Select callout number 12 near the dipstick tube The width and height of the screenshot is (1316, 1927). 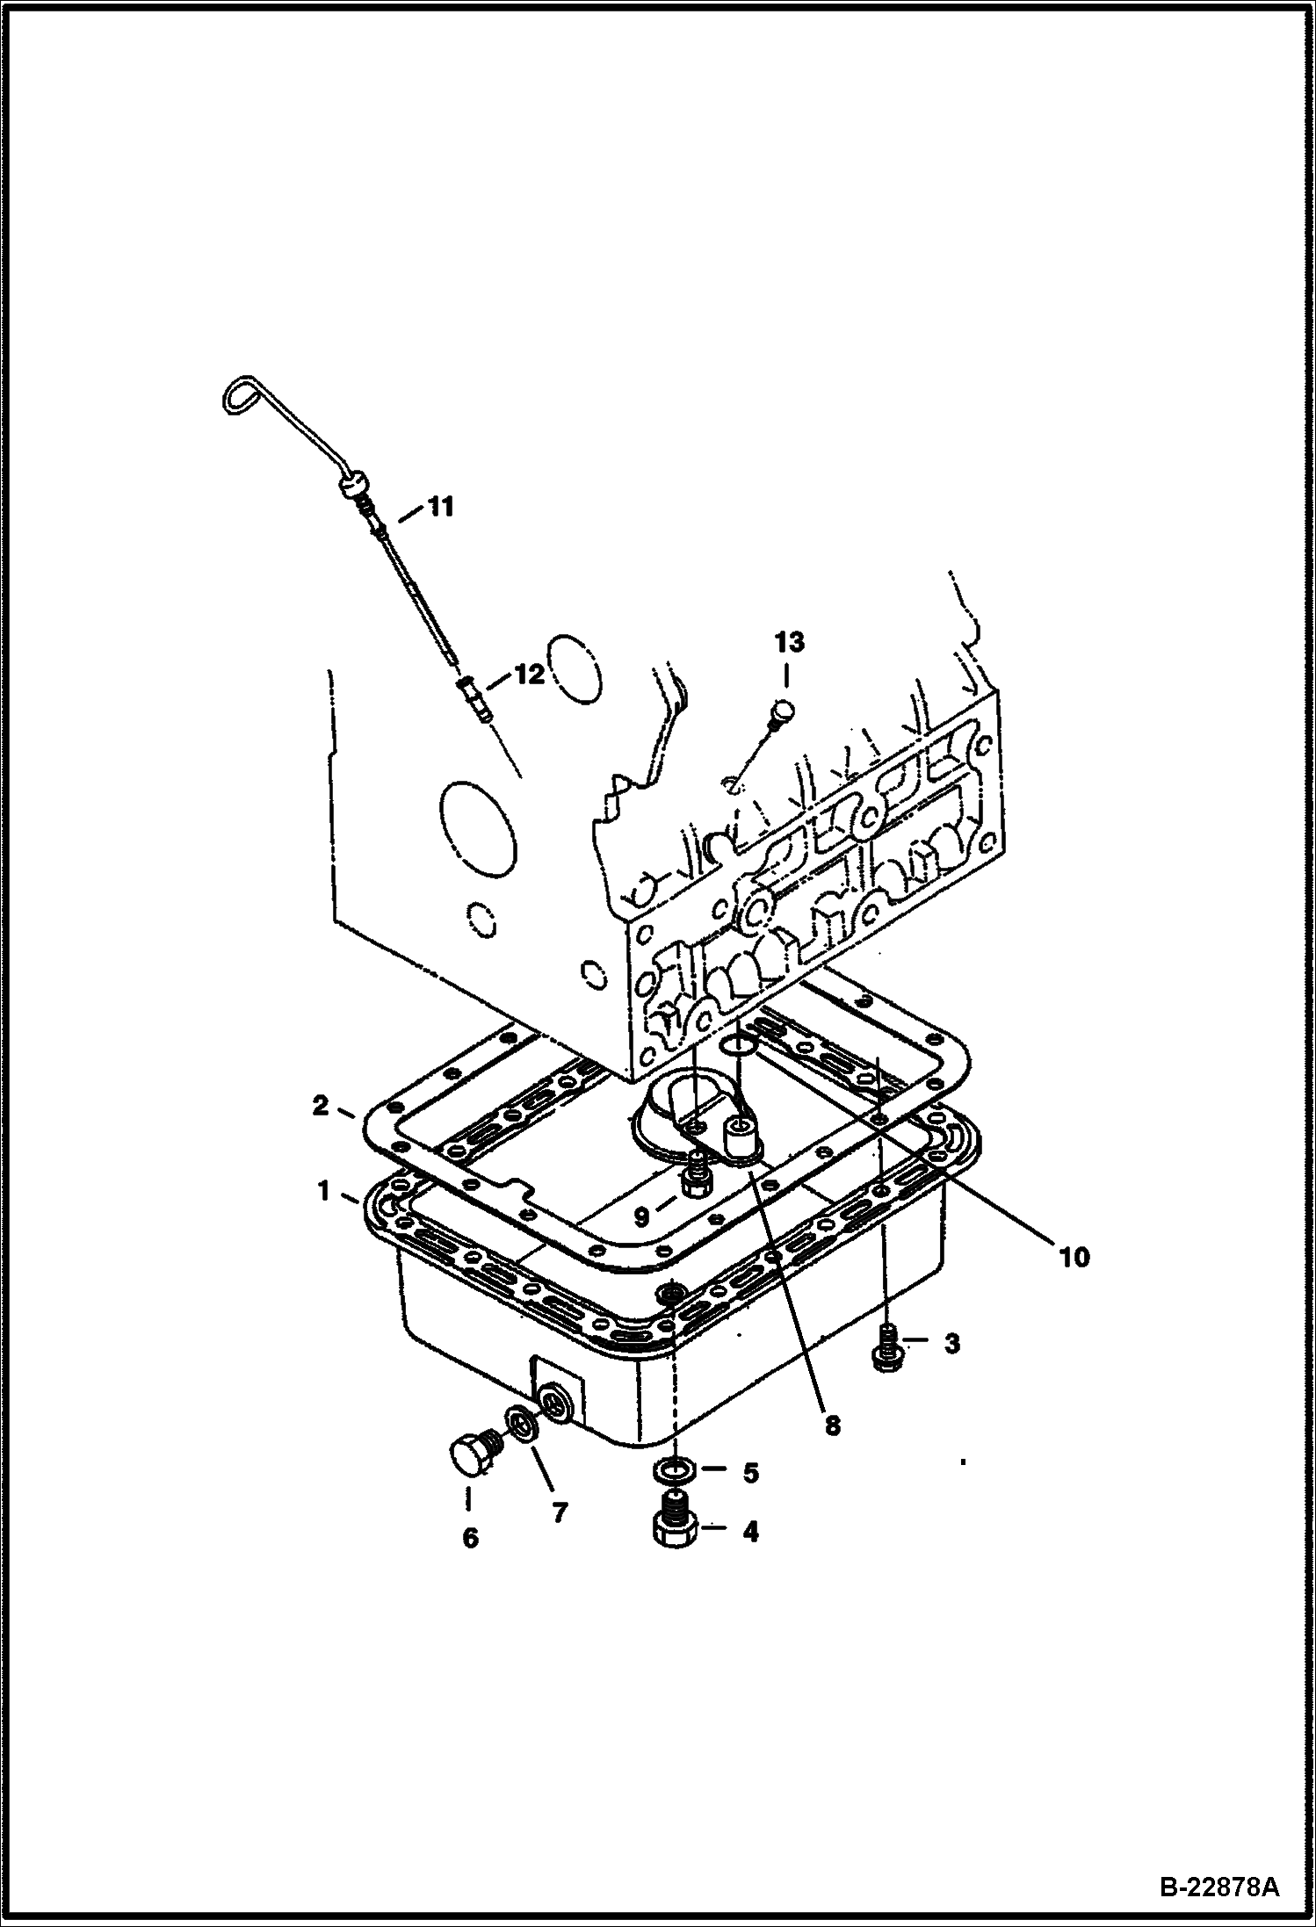coord(529,674)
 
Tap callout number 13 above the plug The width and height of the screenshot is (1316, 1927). coord(788,643)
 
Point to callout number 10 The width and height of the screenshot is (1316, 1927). coord(1074,1258)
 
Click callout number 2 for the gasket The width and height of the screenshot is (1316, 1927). coord(322,1106)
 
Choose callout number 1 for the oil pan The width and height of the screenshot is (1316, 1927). coord(323,1192)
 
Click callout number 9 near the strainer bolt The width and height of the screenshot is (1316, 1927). coord(642,1216)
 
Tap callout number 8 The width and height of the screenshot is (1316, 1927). coord(831,1425)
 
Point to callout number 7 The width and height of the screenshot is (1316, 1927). coord(560,1512)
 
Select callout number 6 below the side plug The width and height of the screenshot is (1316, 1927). coord(470,1537)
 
